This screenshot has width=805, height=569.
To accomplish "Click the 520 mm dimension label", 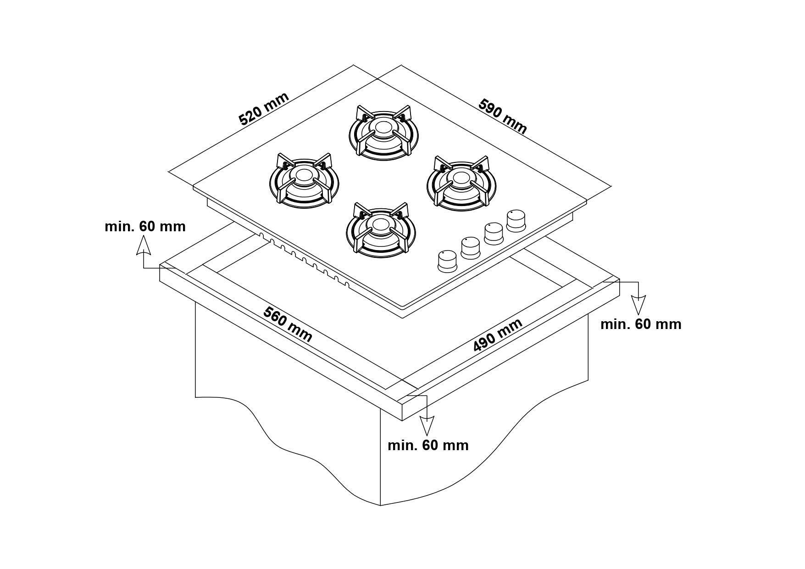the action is click(264, 109).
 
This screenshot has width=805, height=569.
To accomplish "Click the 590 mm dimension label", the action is click(503, 116).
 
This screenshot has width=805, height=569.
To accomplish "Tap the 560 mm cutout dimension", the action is click(288, 324).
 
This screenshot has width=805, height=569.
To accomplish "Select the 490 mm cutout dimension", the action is click(498, 335).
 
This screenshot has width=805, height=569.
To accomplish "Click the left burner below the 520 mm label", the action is click(305, 180).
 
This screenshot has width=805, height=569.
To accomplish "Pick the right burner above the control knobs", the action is click(462, 184).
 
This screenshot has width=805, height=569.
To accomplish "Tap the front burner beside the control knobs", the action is click(381, 229).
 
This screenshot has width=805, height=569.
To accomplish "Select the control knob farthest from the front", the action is click(517, 220).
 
